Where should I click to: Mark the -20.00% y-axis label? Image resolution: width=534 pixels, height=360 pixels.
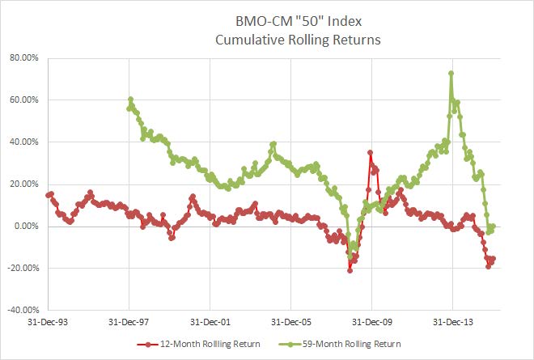(x=25, y=269)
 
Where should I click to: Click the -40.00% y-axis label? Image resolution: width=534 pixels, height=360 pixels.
(x=25, y=311)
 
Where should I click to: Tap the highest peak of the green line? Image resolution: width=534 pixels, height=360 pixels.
(x=451, y=74)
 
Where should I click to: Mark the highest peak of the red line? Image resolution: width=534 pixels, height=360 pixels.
(x=370, y=152)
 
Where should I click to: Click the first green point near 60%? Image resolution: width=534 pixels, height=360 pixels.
(x=130, y=100)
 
